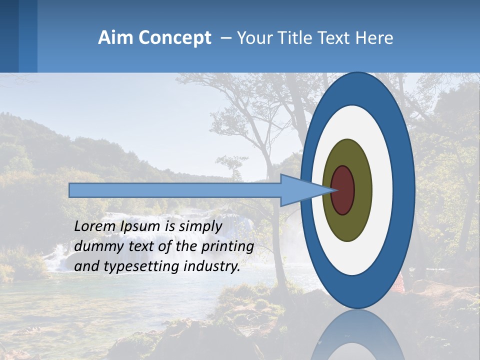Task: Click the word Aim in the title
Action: [x=114, y=38]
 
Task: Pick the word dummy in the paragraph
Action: [x=96, y=246]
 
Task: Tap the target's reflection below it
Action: [x=357, y=335]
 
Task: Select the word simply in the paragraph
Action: [x=200, y=226]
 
